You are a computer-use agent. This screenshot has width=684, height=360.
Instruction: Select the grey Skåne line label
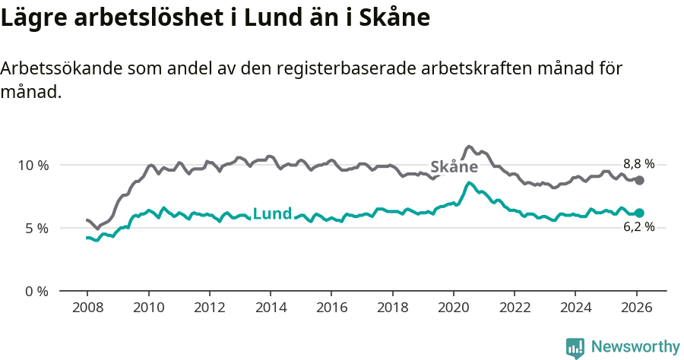pyautogui.click(x=454, y=167)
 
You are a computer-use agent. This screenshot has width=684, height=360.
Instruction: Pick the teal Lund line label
pyautogui.click(x=271, y=213)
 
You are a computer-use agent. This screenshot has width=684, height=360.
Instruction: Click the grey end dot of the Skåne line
pyautogui.click(x=640, y=180)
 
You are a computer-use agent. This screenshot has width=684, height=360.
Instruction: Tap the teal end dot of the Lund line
pyautogui.click(x=640, y=213)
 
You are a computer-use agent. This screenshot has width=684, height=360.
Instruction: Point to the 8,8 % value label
pyautogui.click(x=638, y=164)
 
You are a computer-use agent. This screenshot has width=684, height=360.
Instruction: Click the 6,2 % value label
pyautogui.click(x=638, y=227)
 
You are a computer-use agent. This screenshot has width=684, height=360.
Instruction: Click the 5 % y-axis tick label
pyautogui.click(x=36, y=228)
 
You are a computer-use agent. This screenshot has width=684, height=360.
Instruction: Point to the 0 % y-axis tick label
pyautogui.click(x=36, y=291)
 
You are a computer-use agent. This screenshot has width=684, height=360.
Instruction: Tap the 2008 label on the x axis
pyautogui.click(x=87, y=308)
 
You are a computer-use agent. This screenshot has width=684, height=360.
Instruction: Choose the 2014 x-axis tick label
pyautogui.click(x=270, y=308)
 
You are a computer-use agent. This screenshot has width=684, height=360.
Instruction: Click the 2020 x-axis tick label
pyautogui.click(x=453, y=308)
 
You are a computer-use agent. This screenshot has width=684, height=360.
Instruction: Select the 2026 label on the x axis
pyautogui.click(x=636, y=308)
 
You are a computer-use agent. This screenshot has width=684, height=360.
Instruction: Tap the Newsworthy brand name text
pyautogui.click(x=635, y=347)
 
